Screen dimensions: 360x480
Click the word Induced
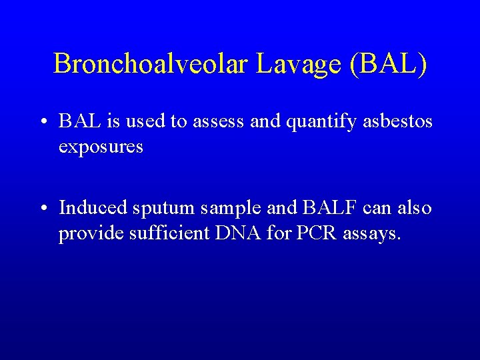pyautogui.click(x=93, y=208)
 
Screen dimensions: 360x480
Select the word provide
pyautogui.click(x=89, y=235)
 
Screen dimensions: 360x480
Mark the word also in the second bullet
pyautogui.click(x=415, y=208)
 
